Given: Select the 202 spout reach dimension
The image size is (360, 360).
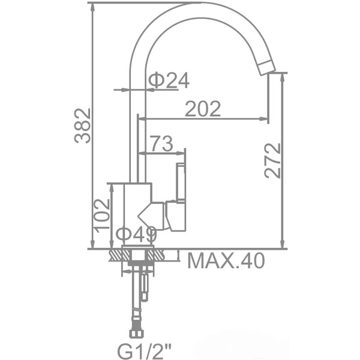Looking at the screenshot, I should point(203,109).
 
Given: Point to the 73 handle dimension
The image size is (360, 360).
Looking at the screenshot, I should point(161,143).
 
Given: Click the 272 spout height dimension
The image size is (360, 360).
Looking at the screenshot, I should point(272,160).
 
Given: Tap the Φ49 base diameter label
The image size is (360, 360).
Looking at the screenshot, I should point(136,235).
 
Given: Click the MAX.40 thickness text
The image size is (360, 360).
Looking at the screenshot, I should point(226,261).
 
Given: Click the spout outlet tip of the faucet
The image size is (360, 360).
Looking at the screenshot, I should point(266,68).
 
